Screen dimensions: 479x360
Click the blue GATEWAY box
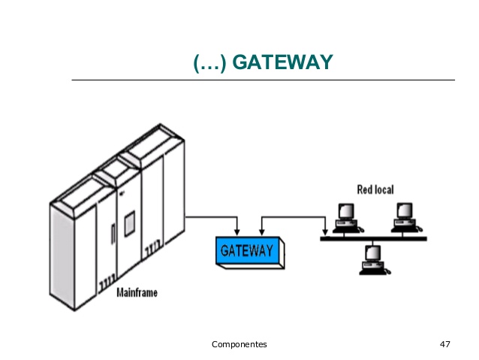250,253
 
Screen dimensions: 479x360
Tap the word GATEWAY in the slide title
282,62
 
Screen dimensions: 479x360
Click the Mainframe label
137,292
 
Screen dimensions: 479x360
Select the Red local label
375,189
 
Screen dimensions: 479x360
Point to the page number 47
444,344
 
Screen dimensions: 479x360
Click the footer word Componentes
239,345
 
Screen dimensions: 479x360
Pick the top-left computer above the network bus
348,218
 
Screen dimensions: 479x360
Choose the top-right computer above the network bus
407,217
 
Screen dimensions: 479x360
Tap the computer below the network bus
375,260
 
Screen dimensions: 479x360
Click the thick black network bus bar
373,239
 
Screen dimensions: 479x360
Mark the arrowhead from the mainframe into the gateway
237,232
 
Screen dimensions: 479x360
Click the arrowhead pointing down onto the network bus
325,232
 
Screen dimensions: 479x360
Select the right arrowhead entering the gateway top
262,232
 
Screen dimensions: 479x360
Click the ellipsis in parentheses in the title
210,62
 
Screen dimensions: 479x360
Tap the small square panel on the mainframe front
130,223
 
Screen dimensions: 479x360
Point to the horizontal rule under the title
264,80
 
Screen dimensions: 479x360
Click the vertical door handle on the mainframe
113,234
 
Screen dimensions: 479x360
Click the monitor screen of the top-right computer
405,210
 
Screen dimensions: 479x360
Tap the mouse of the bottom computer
387,271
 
